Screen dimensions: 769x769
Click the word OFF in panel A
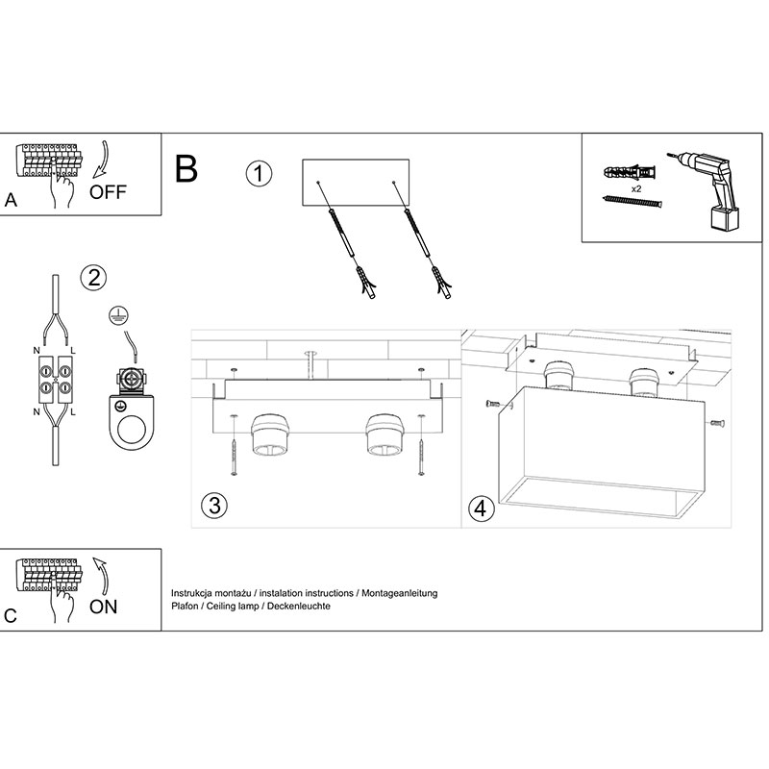[108, 190]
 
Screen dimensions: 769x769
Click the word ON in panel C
[103, 607]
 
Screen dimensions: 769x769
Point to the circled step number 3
[214, 507]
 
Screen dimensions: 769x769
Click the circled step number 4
[480, 508]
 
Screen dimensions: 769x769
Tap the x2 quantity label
[636, 189]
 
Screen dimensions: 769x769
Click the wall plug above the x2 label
[631, 173]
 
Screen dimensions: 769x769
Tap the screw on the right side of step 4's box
[716, 422]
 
